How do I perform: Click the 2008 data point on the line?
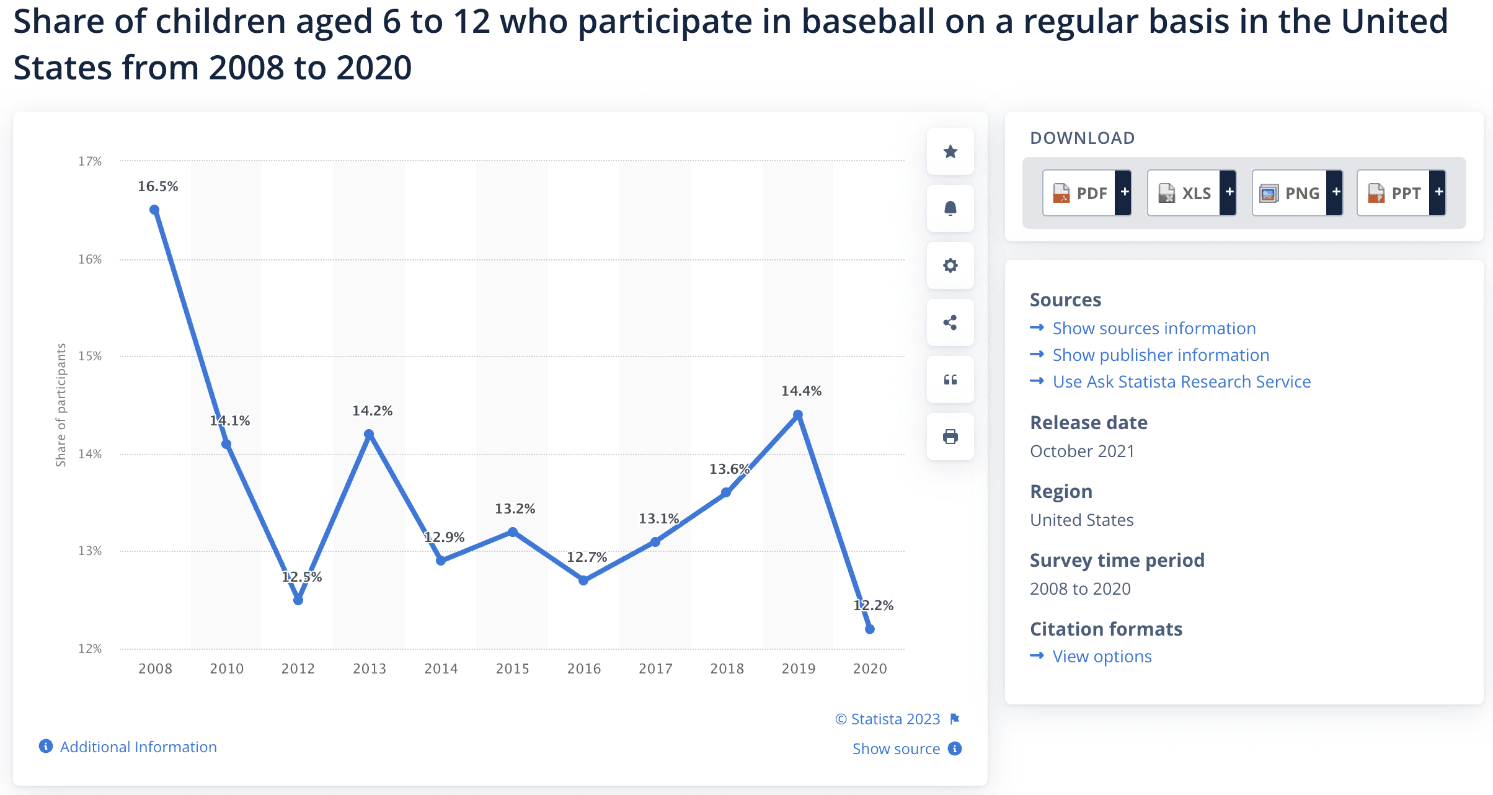pos(155,210)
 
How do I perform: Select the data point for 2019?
pos(798,415)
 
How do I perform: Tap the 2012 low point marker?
pos(298,600)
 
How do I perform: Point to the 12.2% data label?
pos(874,605)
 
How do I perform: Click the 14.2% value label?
pos(372,411)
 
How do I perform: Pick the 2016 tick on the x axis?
pos(583,668)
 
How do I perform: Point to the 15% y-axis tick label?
pos(90,356)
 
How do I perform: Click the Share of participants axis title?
pos(61,404)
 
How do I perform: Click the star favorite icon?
pos(950,151)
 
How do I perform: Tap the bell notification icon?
pos(950,208)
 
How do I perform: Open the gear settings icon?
pos(950,265)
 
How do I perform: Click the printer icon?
pos(950,437)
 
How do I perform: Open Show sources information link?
pos(1154,328)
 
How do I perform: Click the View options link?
pos(1102,656)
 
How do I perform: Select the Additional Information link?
pos(138,747)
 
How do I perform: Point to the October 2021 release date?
pos(1082,451)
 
